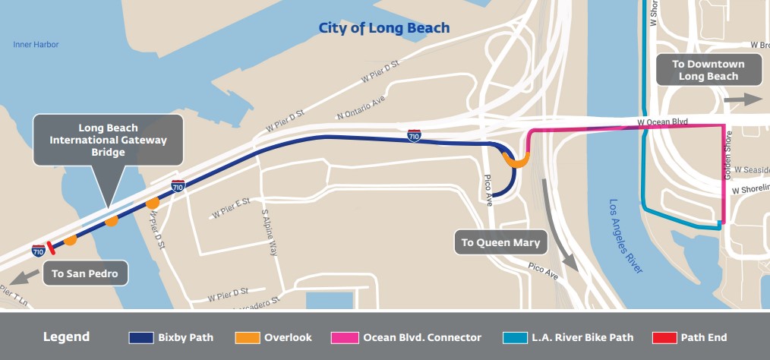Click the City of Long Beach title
pyautogui.click(x=384, y=29)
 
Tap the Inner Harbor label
pyautogui.click(x=36, y=45)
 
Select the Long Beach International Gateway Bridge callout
pyautogui.click(x=107, y=141)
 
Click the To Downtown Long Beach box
pyautogui.click(x=708, y=70)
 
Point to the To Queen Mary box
pyautogui.click(x=500, y=243)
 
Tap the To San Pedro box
pyautogui.click(x=85, y=273)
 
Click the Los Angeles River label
pyautogui.click(x=627, y=236)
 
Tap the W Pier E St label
pyautogui.click(x=232, y=207)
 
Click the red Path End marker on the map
pyautogui.click(x=50, y=247)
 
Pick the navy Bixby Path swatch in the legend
pyautogui.click(x=141, y=337)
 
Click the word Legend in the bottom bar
pyautogui.click(x=66, y=337)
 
